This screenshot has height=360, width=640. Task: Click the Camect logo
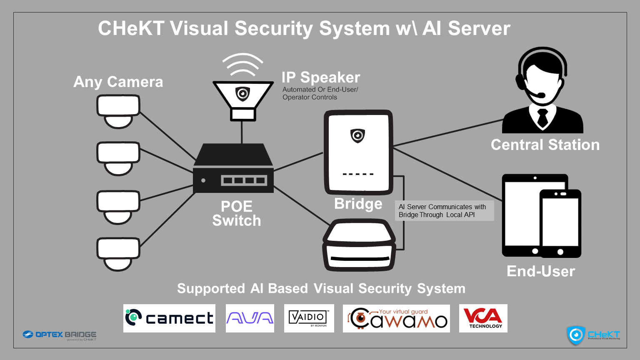(x=169, y=318)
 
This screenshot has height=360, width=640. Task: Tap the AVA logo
(x=250, y=318)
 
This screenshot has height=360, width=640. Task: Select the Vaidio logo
(x=309, y=318)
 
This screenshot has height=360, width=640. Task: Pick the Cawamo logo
(x=396, y=318)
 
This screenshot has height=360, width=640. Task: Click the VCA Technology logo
(x=483, y=318)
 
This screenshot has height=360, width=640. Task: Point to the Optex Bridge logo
(x=60, y=335)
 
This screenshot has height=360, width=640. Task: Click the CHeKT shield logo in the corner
(x=576, y=335)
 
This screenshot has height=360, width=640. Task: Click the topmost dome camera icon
(x=118, y=110)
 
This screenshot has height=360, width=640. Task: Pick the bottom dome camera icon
(x=118, y=253)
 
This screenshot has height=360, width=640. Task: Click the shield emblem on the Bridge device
(x=357, y=135)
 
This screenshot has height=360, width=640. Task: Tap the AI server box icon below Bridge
(x=359, y=246)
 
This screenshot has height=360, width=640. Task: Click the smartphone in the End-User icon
(x=560, y=223)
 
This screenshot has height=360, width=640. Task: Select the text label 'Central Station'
(x=545, y=145)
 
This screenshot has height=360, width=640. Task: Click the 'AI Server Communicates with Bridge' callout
(x=444, y=211)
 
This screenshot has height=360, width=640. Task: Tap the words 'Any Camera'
(x=118, y=82)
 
